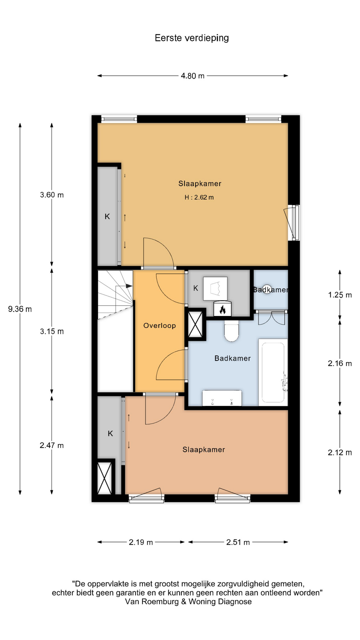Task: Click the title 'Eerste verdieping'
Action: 192,38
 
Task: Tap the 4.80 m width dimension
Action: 193,76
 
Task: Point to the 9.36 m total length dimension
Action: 20,309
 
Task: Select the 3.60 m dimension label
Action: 52,195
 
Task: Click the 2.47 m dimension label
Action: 52,445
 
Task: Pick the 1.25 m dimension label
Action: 340,295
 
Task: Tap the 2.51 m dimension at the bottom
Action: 238,542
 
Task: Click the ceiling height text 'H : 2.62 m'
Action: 199,197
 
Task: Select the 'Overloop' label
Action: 160,326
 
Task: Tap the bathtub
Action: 273,372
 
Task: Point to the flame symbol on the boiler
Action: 222,310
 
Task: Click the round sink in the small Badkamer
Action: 268,289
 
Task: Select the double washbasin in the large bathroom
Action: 222,398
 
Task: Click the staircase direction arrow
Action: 129,286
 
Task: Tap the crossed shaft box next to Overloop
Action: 195,324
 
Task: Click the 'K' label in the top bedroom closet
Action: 107,217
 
